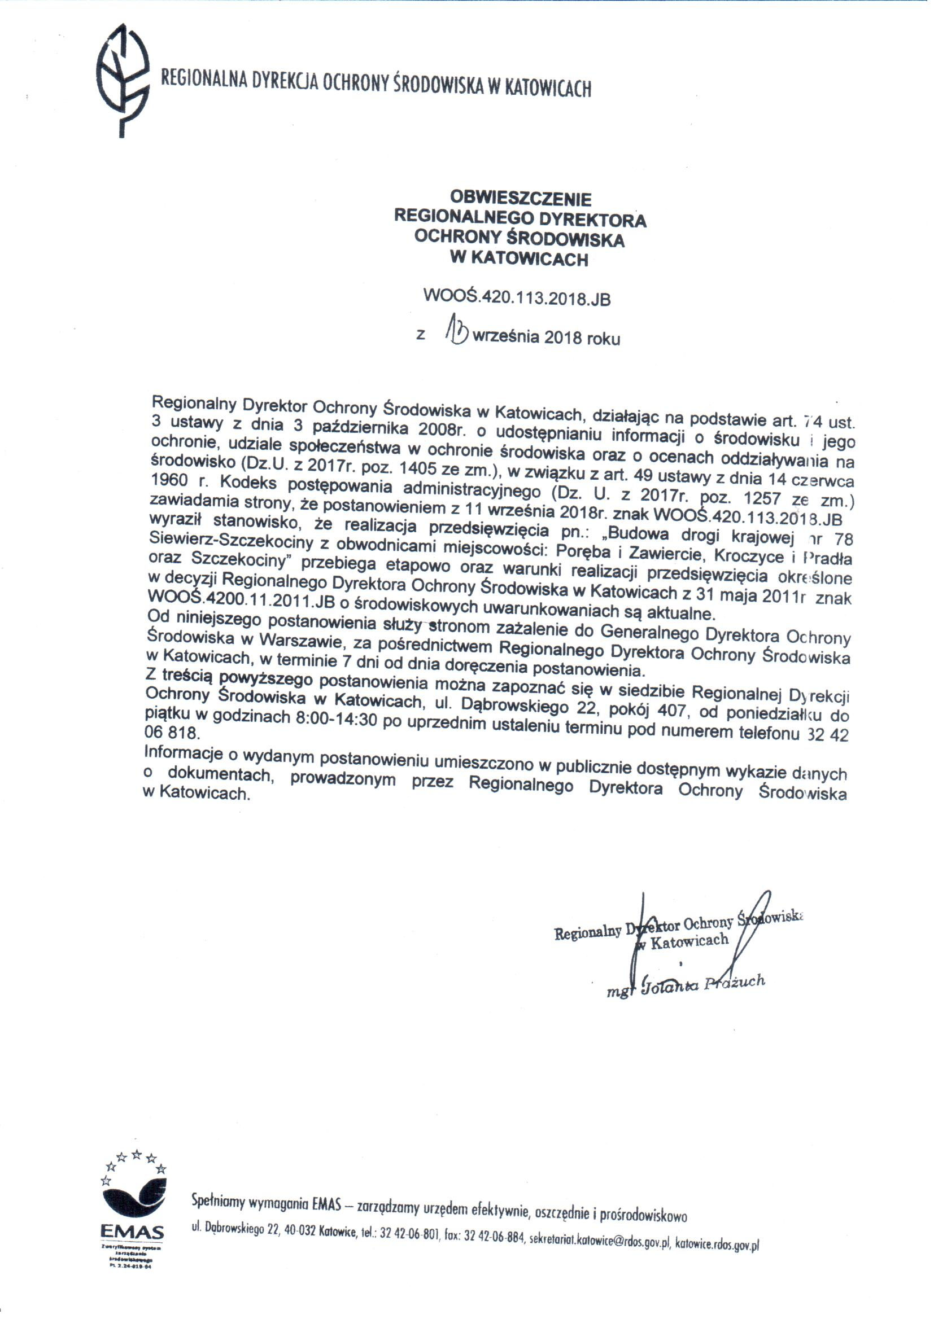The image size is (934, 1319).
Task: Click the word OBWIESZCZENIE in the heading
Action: (521, 199)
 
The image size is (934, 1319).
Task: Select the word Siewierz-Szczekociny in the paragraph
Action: (231, 541)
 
